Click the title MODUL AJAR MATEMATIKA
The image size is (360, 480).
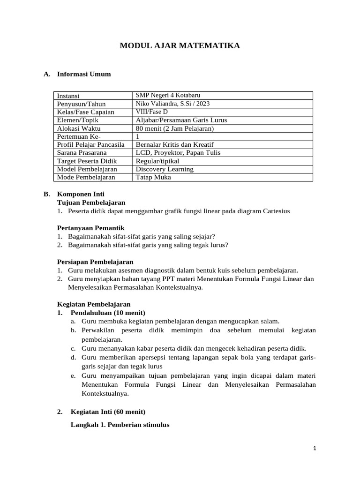(180, 46)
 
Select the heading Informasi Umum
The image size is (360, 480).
(84, 74)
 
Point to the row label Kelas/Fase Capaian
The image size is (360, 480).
(86, 112)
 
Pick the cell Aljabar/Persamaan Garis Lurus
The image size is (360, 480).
(181, 120)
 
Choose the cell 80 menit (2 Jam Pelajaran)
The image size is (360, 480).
(174, 128)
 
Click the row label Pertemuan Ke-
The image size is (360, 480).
(79, 136)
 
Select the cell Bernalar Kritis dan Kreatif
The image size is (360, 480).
(174, 145)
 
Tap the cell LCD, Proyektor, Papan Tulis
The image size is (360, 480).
(178, 153)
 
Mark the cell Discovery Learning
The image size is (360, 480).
(164, 169)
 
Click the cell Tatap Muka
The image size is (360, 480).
(153, 177)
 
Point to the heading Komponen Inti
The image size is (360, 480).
(81, 194)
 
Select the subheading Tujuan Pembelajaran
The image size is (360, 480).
(91, 202)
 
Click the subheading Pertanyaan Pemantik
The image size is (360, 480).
(90, 227)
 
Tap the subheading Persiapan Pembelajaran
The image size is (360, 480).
(95, 262)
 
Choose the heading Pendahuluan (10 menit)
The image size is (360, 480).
(108, 313)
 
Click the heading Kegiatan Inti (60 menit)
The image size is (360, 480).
(108, 412)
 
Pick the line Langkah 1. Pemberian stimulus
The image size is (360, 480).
(120, 425)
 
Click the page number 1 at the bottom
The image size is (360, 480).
(315, 449)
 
